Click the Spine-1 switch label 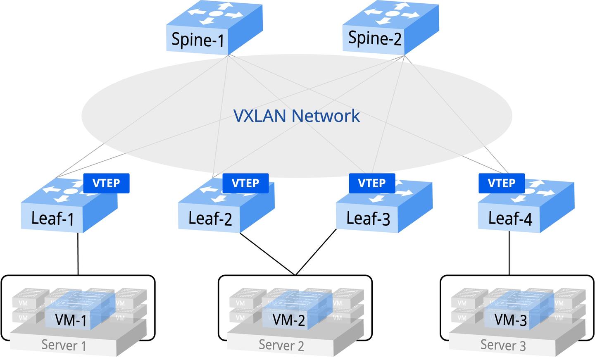(x=198, y=40)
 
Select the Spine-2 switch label (x=374, y=38)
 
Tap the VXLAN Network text (x=297, y=116)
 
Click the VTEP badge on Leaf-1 (x=106, y=183)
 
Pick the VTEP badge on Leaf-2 (x=245, y=183)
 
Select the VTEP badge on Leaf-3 (x=372, y=183)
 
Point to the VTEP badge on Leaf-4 (x=502, y=183)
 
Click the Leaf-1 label (x=52, y=218)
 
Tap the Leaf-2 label (x=210, y=218)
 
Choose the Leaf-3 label (x=368, y=218)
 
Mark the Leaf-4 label (x=510, y=218)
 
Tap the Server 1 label (x=64, y=346)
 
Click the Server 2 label (x=281, y=345)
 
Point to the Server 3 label (x=503, y=345)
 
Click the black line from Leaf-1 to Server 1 (x=78, y=254)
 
